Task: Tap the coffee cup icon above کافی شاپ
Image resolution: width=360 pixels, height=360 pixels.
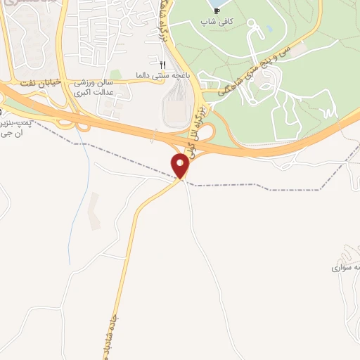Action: click(217, 11)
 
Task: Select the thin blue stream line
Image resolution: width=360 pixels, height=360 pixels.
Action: click(86, 162)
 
